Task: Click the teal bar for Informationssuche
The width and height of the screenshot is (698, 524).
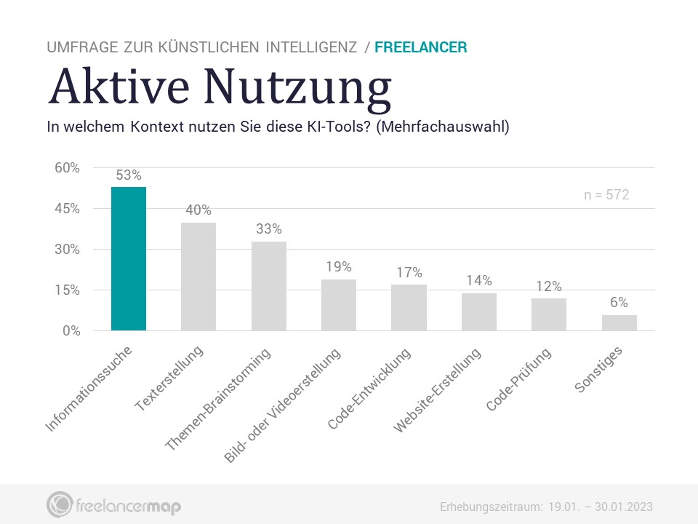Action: point(128,258)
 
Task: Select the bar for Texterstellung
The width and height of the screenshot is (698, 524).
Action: point(198,277)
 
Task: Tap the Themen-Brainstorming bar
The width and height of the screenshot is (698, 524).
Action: point(268,286)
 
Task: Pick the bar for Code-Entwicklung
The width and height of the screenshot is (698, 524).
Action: point(409,307)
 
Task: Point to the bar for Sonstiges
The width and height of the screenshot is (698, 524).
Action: point(619,322)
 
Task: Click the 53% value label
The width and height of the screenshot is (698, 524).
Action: point(129,175)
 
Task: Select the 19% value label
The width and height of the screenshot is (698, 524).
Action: point(339,267)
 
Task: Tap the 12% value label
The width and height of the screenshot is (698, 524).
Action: point(549,286)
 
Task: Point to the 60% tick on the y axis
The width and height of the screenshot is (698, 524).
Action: point(67,168)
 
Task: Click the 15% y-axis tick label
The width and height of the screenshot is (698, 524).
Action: point(67,290)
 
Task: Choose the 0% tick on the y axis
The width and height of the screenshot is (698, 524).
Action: point(71,331)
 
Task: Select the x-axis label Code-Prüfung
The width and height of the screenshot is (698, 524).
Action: point(519,380)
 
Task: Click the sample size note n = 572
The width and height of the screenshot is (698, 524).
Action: point(606,195)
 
